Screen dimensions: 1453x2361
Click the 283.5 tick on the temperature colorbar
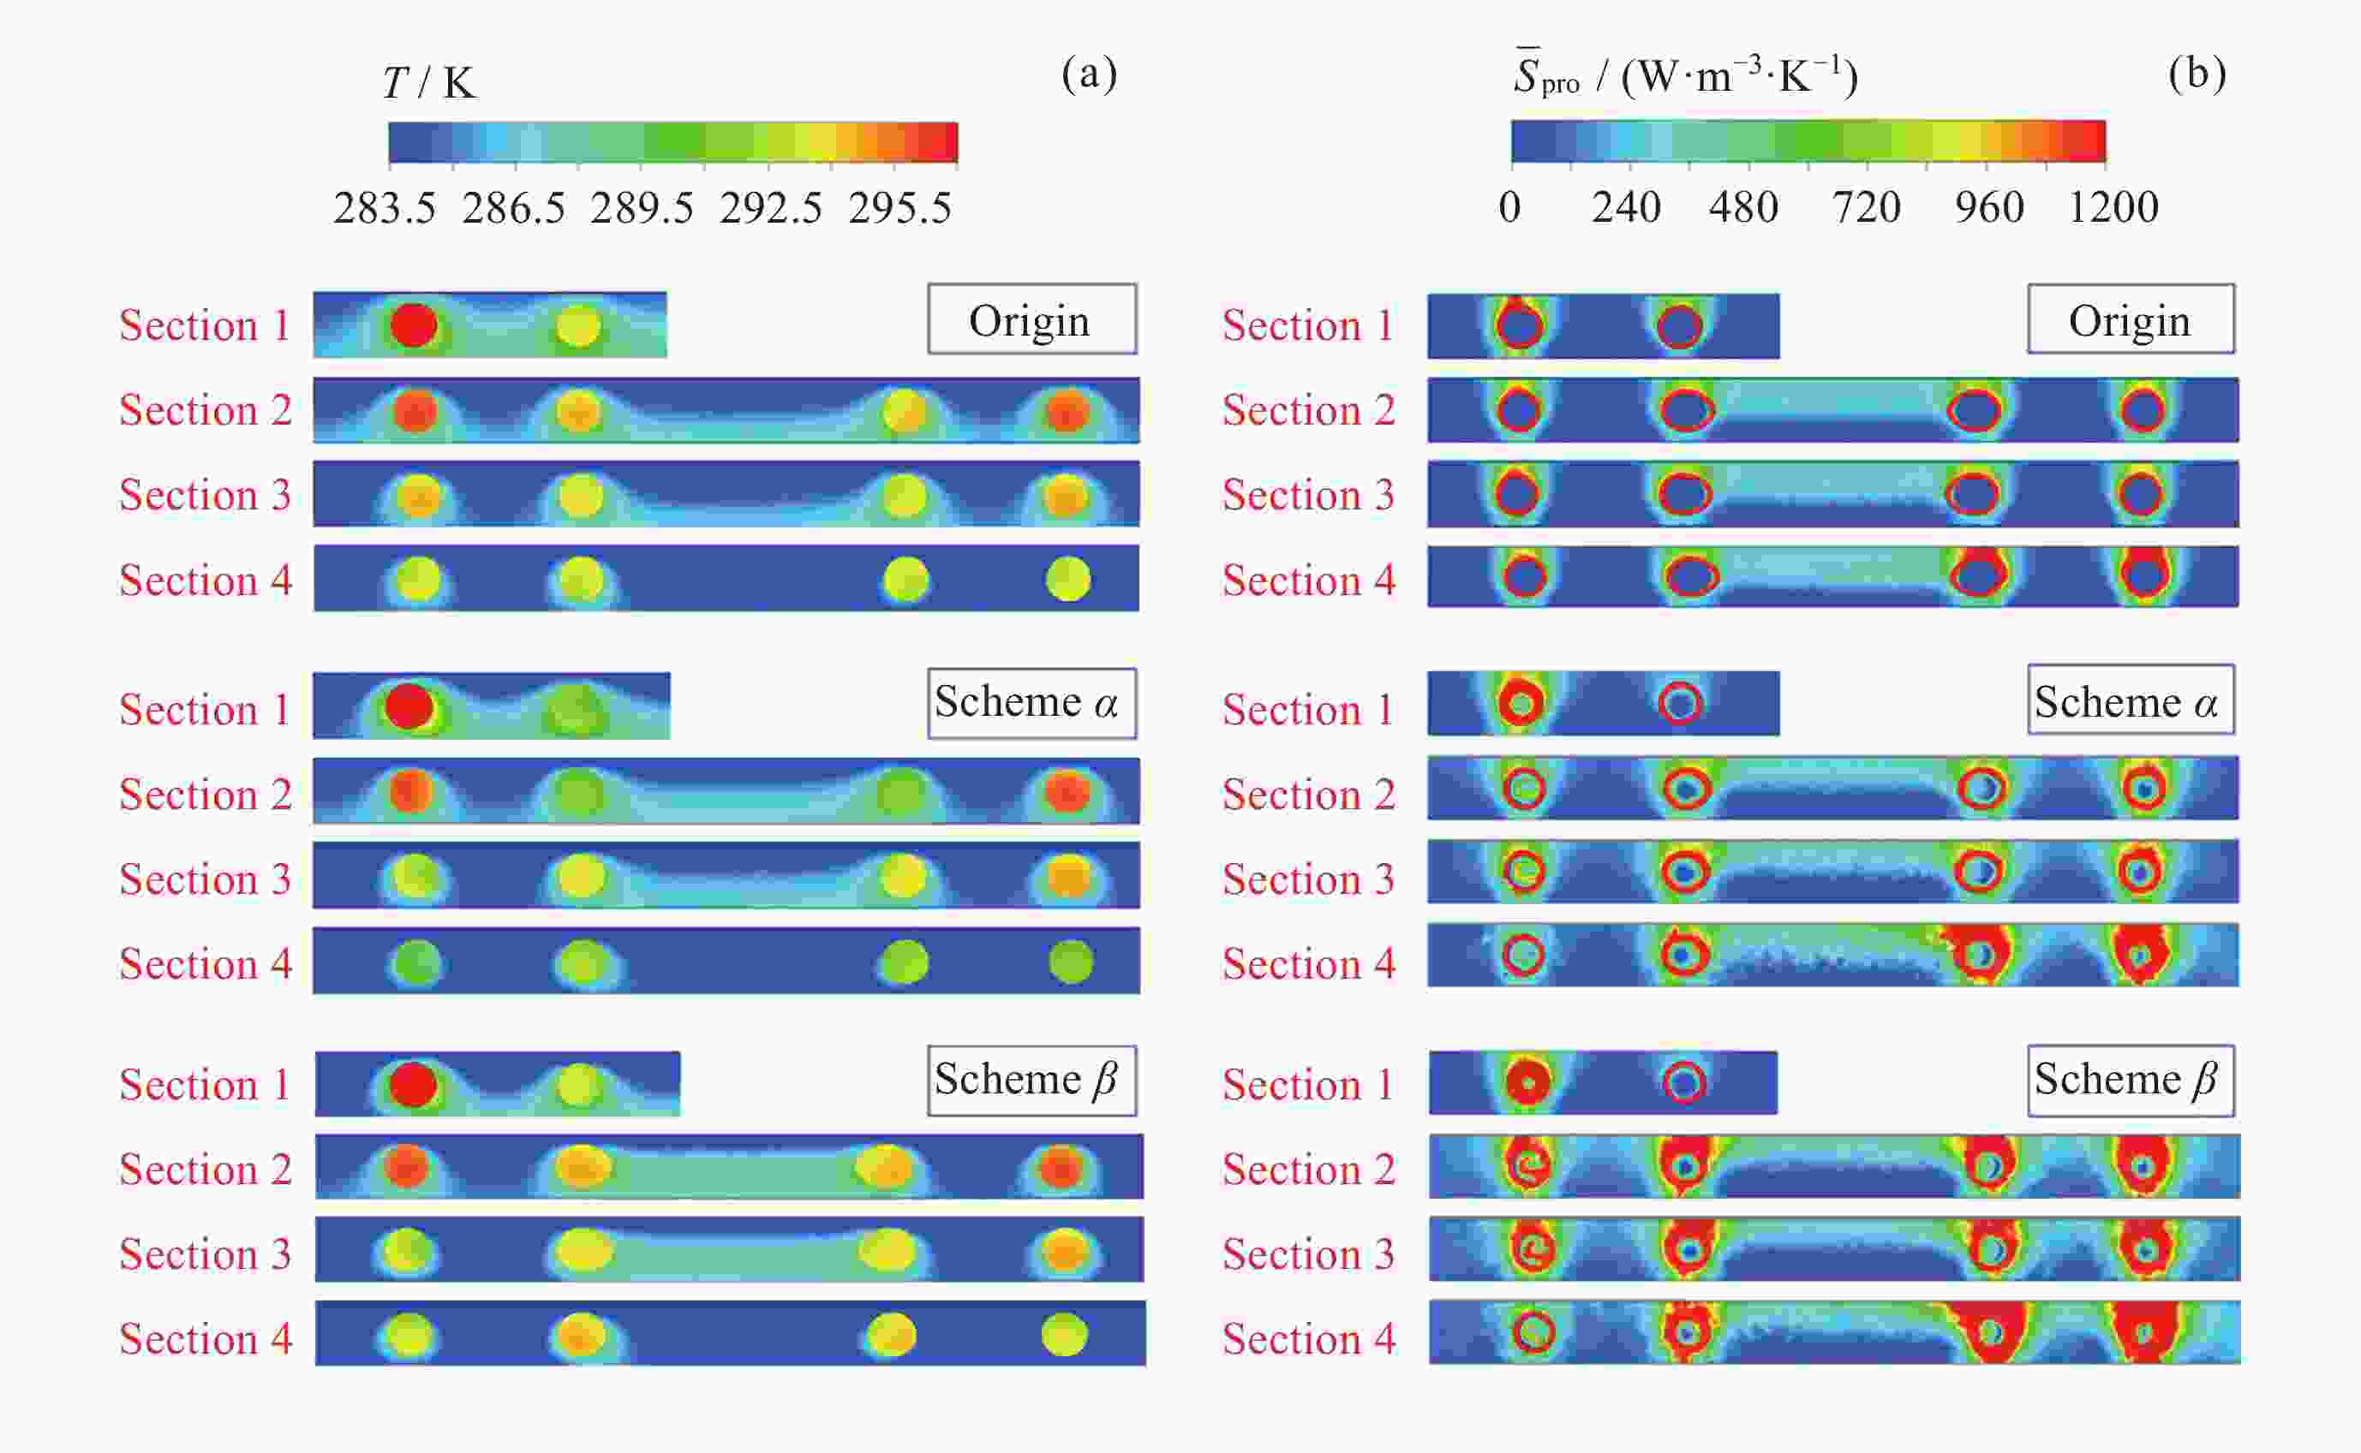[x=385, y=207]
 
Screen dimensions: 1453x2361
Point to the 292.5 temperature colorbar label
[x=771, y=207]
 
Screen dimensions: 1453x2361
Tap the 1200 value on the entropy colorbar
[x=2113, y=207]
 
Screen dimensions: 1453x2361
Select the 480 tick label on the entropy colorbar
[x=1742, y=207]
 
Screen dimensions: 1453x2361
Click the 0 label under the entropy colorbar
[x=1509, y=207]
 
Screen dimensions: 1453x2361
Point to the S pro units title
[x=1685, y=75]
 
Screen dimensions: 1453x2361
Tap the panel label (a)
[x=1089, y=73]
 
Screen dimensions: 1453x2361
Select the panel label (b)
[x=2197, y=73]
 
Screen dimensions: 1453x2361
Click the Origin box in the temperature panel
[x=1031, y=319]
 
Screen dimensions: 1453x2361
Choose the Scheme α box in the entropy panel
[x=2131, y=700]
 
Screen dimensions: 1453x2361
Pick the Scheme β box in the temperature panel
[x=1031, y=1081]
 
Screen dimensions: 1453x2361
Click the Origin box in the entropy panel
[x=2131, y=319]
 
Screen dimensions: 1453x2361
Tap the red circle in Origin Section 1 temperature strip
[x=414, y=325]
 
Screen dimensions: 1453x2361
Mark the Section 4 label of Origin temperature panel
[x=205, y=580]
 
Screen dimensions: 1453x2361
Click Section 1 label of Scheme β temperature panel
[x=205, y=1084]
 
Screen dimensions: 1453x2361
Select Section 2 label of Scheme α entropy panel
[x=1308, y=794]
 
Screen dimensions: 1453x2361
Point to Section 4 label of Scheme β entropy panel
[x=1308, y=1338]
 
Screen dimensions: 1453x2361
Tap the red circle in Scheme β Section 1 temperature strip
[x=414, y=1084]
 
